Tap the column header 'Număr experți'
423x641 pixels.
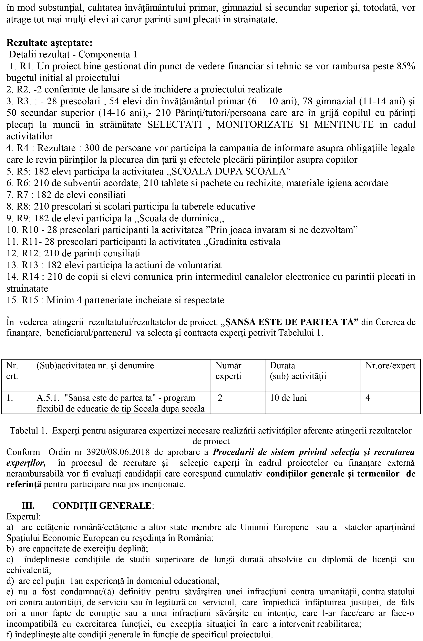pyautogui.click(x=228, y=371)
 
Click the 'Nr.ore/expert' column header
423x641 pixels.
pyautogui.click(x=390, y=366)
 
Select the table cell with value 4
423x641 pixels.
pyautogui.click(x=368, y=398)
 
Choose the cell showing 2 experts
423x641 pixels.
pyautogui.click(x=220, y=398)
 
